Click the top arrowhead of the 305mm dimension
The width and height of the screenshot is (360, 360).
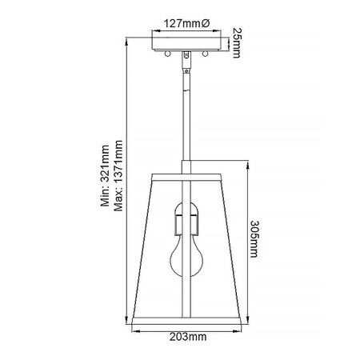(x=243, y=172)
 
